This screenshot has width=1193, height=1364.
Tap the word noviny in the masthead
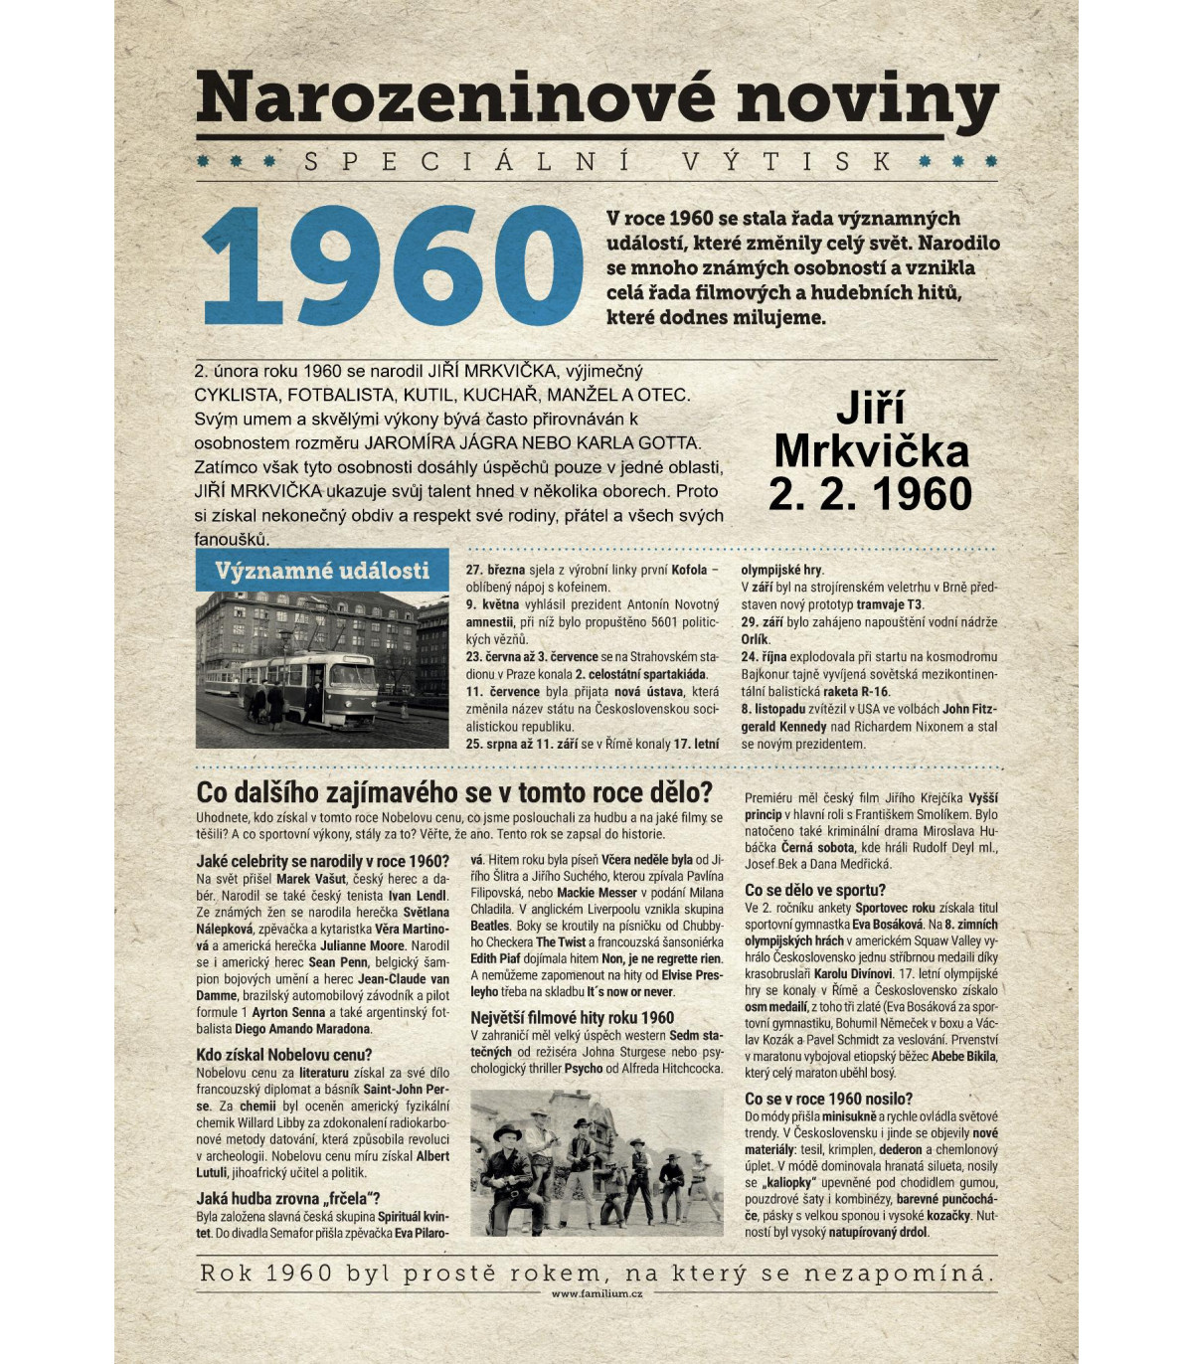click(x=867, y=99)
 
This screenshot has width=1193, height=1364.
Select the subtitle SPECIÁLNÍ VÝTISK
click(x=596, y=161)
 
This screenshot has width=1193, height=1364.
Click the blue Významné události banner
click(x=322, y=571)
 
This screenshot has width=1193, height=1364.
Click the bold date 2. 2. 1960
click(x=870, y=494)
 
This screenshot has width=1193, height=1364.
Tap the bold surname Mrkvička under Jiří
click(x=871, y=451)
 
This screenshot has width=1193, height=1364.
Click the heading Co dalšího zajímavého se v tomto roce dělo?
click(x=454, y=792)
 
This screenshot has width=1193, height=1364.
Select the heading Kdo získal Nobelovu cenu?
click(x=284, y=1055)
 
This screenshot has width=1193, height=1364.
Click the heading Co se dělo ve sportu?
click(x=814, y=890)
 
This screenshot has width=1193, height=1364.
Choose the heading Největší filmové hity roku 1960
click(x=572, y=1018)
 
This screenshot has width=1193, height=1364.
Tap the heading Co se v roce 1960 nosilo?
click(x=828, y=1099)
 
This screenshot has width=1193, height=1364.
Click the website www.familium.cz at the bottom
click(x=596, y=1293)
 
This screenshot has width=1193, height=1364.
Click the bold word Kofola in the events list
click(x=689, y=570)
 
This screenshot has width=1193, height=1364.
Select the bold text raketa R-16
click(x=856, y=692)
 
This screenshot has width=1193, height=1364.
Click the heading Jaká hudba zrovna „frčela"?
click(x=287, y=1199)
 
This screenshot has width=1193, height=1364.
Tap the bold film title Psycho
click(x=584, y=1069)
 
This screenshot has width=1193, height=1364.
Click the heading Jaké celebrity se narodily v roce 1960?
click(x=322, y=861)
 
